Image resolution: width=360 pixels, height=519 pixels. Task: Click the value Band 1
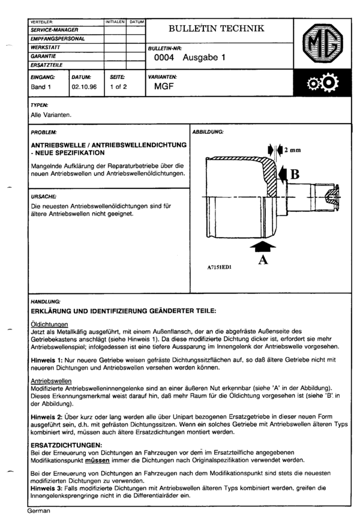(41, 86)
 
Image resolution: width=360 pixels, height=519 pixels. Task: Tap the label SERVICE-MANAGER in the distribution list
(55, 29)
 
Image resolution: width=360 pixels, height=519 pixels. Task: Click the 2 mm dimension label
(292, 149)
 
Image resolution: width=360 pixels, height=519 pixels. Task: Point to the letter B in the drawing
(295, 175)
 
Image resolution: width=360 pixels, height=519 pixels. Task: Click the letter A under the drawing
(262, 260)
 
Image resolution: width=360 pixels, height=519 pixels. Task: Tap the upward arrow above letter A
(262, 245)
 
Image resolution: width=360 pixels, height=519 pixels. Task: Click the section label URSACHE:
(43, 196)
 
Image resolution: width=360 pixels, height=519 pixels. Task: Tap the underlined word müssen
(96, 460)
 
